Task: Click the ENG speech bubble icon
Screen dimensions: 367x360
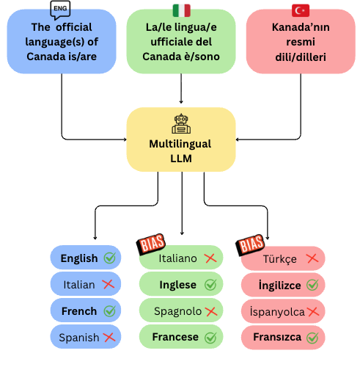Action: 61,9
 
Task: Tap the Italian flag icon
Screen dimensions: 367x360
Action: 180,10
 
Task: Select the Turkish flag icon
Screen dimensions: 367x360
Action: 301,10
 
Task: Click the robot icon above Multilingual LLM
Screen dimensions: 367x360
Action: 181,121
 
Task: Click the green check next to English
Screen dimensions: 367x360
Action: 110,258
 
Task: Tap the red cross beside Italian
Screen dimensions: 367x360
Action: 109,284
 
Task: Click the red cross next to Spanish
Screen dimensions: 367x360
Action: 109,337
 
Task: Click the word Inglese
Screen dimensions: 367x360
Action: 179,284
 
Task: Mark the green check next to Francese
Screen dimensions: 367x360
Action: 210,338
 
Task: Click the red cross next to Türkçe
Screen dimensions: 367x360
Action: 312,258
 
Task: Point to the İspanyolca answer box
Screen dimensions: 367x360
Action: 283,311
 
